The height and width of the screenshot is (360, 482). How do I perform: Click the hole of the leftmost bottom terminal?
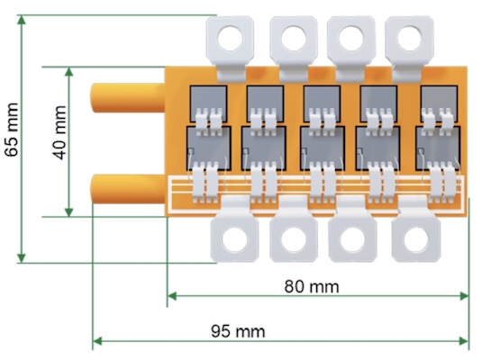(x=234, y=239)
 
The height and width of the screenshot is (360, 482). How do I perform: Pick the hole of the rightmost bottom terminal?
(x=414, y=239)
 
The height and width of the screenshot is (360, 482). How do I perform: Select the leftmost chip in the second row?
(x=208, y=143)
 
